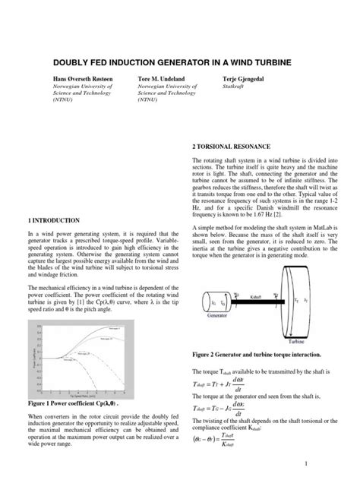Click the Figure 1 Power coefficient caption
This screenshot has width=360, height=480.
pos(78,403)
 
